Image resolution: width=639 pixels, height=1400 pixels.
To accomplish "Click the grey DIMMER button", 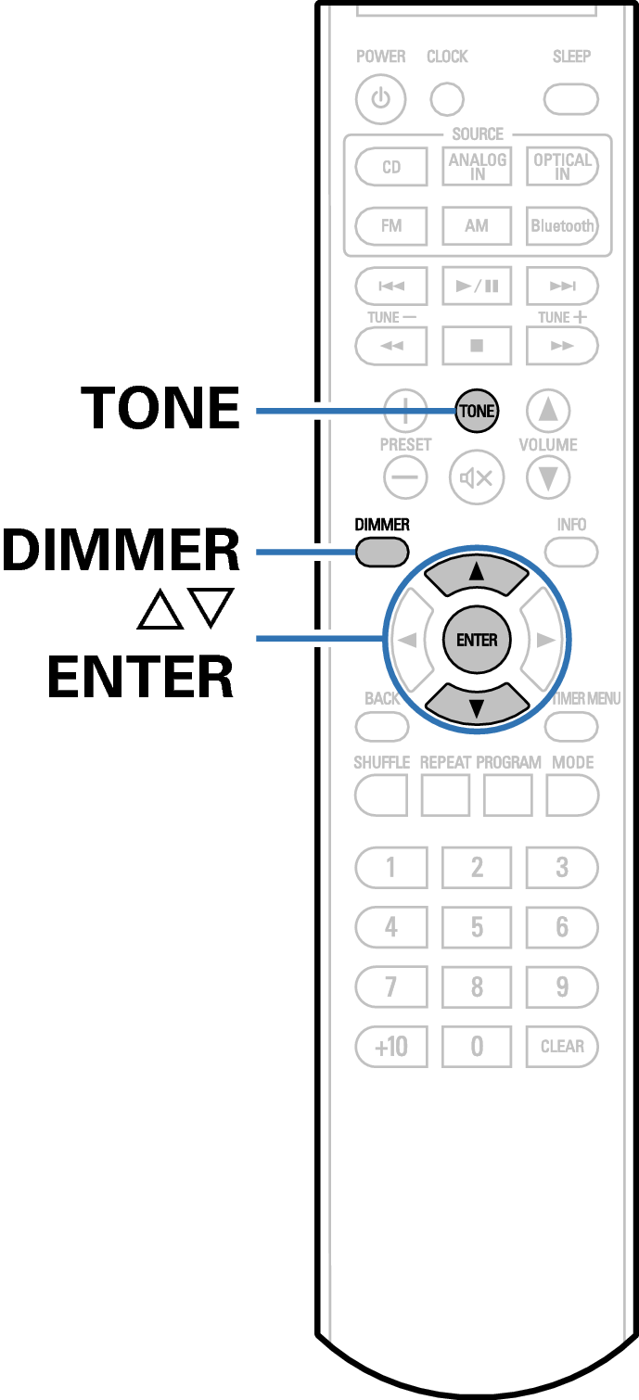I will pos(381,553).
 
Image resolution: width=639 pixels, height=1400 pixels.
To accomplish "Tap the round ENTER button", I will pos(477,640).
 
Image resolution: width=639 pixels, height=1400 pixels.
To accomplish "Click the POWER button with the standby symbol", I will pos(380,98).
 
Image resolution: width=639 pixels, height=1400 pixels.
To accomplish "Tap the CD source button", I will pos(391,168).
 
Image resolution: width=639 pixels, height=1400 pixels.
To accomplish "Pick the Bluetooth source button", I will pos(562,225).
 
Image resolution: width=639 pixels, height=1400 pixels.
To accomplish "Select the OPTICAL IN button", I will pos(562,167).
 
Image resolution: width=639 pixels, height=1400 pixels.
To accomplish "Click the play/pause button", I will pos(477,285).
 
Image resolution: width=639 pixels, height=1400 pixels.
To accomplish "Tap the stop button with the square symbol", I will pos(477,346).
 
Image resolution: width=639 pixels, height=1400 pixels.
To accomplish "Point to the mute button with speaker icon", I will pos(477,478).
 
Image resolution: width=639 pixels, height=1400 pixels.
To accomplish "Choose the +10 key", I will pos(391,1047).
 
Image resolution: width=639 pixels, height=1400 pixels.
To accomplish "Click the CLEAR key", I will pos(562,1047).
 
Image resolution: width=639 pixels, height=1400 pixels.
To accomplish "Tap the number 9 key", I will pos(562,986).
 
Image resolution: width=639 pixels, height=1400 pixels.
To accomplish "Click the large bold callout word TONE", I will pos(160,408).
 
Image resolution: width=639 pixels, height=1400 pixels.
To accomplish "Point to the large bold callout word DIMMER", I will pos(121,551).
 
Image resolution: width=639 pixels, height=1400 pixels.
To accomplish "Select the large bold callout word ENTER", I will pos(140,678).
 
